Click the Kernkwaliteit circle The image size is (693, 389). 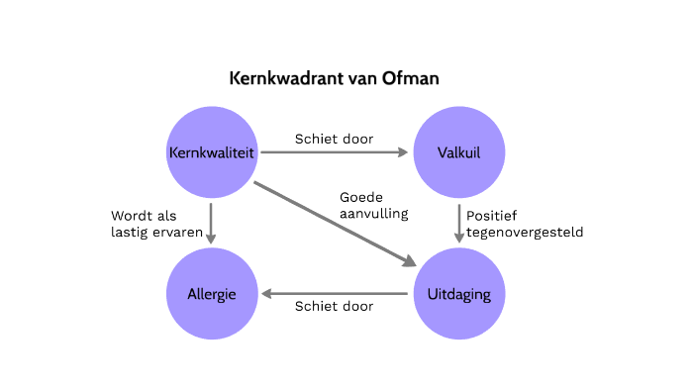211,151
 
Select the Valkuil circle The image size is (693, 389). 458,151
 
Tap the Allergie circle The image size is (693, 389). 211,294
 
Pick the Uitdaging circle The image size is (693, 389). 458,294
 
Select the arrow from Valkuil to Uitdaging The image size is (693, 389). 458,222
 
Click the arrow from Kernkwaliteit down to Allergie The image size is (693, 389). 211,223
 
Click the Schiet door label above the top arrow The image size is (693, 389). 335,139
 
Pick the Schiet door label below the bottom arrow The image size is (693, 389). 335,306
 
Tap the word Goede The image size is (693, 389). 360,196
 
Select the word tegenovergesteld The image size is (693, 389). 525,233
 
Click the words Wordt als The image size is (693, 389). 143,214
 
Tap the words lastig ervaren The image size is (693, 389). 156,233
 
